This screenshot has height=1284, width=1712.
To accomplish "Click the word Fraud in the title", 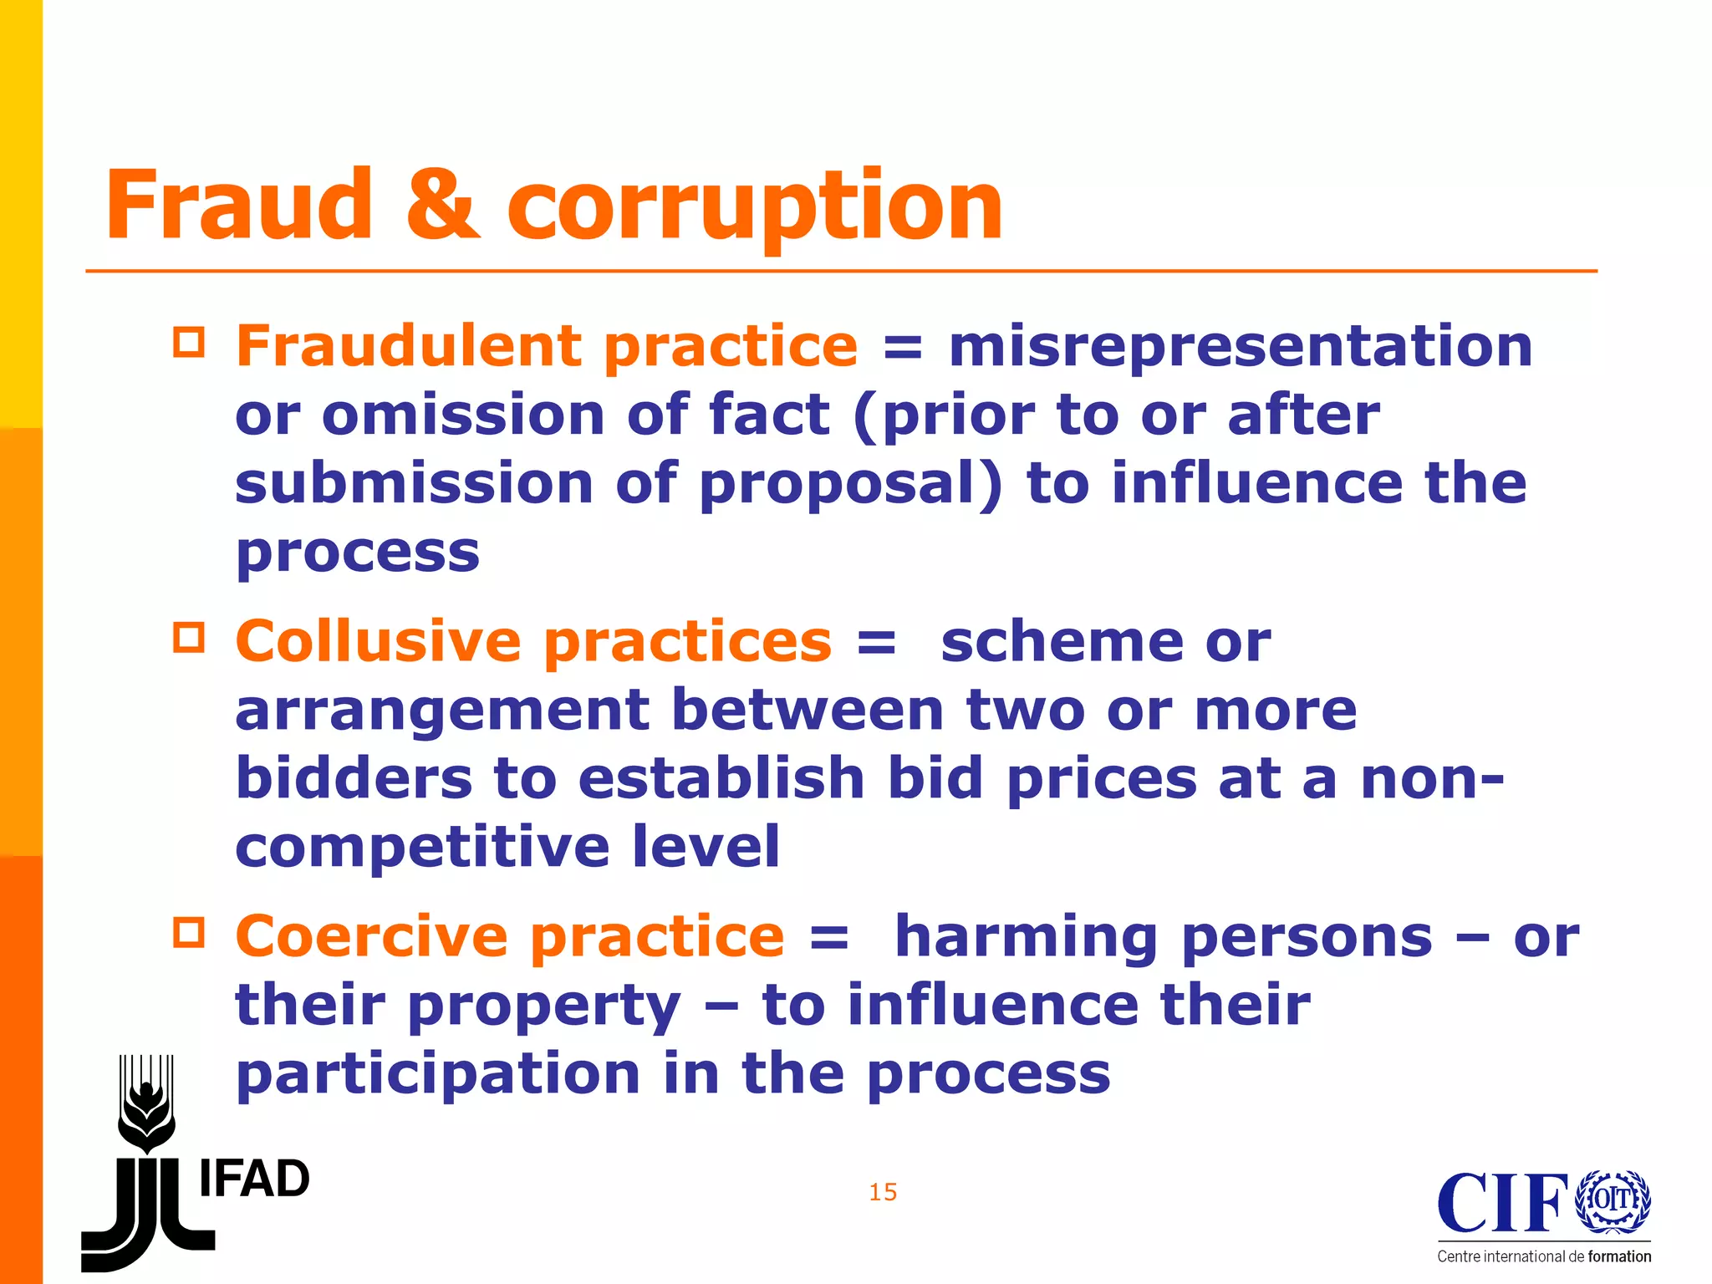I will [x=238, y=205].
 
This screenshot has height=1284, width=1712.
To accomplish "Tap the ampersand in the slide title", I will [x=443, y=205].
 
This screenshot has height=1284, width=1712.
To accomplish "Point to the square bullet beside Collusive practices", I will [x=189, y=638].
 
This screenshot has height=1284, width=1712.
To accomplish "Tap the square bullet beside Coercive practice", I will [x=189, y=932].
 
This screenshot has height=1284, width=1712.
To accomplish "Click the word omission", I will [x=463, y=415].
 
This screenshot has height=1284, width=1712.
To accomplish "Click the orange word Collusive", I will [x=378, y=641].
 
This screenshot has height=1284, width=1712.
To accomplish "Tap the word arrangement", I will [x=442, y=711].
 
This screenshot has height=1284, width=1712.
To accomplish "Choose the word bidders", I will [x=354, y=778].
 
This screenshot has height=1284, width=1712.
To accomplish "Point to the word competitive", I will [x=422, y=846].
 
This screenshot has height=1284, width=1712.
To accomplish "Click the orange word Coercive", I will [x=371, y=935].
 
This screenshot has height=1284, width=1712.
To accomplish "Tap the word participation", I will [x=438, y=1073].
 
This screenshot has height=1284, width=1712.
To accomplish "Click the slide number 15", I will [x=883, y=1192].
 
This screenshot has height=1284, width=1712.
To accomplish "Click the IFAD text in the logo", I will [x=254, y=1179].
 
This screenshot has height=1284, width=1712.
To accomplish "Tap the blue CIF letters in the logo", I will [x=1502, y=1203].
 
